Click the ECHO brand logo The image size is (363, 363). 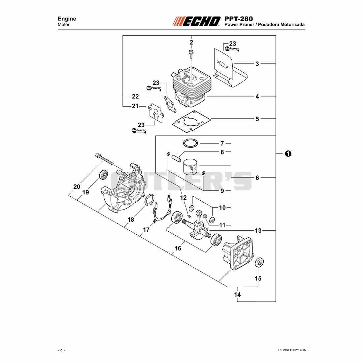(x=197, y=21)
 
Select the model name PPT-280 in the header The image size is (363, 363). (x=239, y=18)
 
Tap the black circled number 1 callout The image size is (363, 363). (x=288, y=153)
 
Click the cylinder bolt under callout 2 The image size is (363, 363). (x=191, y=54)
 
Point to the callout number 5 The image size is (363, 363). (x=257, y=119)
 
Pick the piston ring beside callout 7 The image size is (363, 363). (x=190, y=143)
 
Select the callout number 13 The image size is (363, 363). (x=258, y=231)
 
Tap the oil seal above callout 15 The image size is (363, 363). (x=259, y=262)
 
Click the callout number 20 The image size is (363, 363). (x=77, y=186)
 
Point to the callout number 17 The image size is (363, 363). (x=146, y=230)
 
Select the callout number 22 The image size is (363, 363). (x=135, y=97)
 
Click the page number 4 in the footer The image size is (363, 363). (x=61, y=350)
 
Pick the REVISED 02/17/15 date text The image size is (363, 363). (x=292, y=350)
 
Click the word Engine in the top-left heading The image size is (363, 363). (x=67, y=19)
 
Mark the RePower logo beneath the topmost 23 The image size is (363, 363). (x=232, y=49)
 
